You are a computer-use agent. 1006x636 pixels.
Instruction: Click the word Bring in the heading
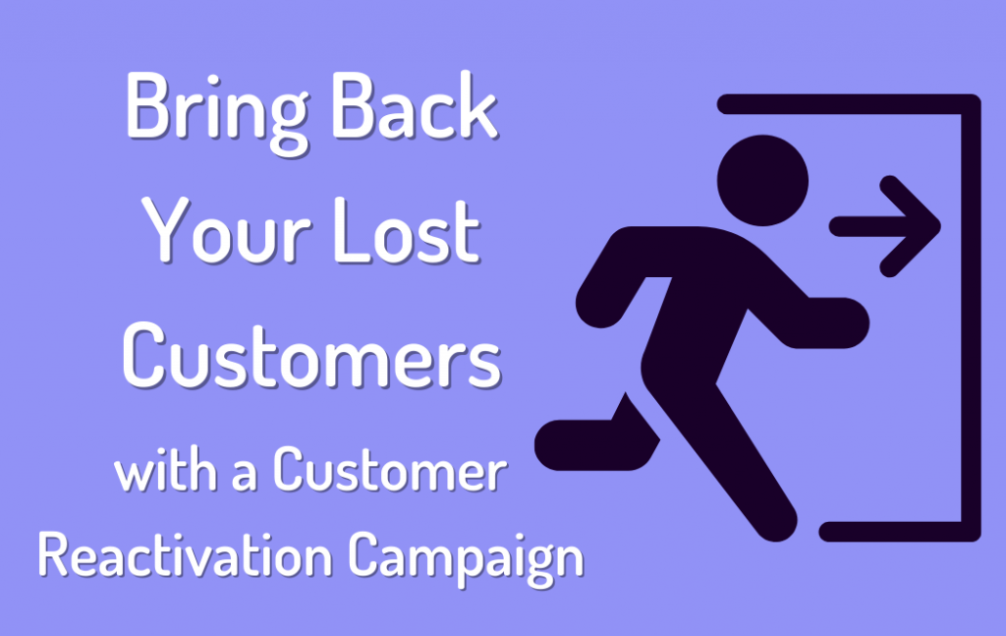(x=207, y=110)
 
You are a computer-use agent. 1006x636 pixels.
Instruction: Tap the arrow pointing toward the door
(x=884, y=225)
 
